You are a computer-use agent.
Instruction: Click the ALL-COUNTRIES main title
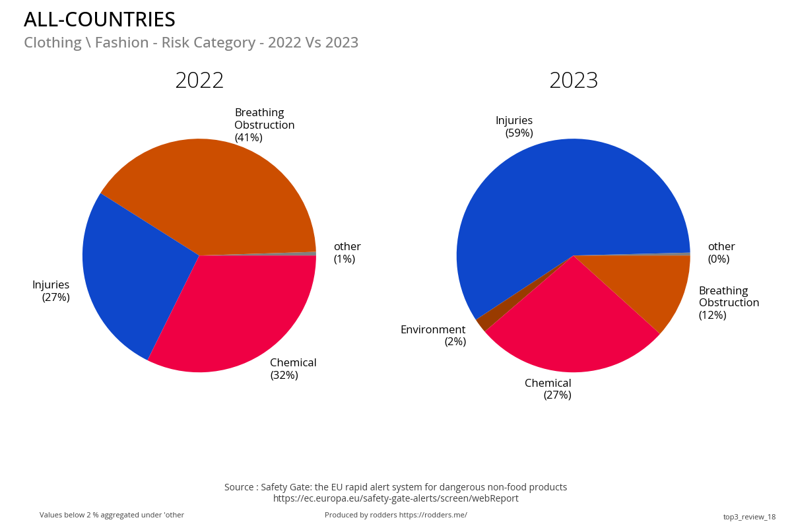(100, 20)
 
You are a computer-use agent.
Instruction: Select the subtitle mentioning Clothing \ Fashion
(191, 43)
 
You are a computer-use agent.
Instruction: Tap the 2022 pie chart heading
(199, 81)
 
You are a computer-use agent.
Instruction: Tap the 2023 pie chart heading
(574, 81)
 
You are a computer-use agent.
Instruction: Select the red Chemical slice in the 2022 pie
(231, 310)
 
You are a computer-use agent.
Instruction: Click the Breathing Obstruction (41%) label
(264, 125)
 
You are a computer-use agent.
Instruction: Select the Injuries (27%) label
(51, 291)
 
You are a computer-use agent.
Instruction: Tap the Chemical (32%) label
(293, 369)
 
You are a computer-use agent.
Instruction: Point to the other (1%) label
(346, 253)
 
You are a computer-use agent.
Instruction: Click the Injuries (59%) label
(515, 127)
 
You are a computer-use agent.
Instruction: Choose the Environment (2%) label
(434, 335)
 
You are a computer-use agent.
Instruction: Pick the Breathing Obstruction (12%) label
(729, 303)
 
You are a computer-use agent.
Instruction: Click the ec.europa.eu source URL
(395, 498)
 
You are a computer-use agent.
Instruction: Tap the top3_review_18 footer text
(749, 517)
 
